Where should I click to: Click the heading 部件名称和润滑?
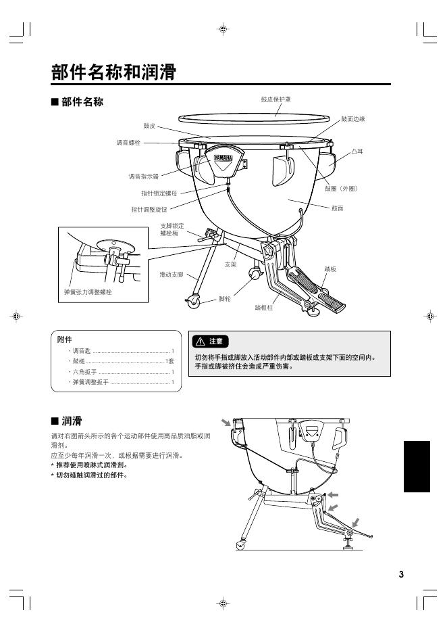114,72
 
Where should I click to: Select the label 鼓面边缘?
353,119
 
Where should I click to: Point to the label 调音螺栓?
128,143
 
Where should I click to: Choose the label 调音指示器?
143,177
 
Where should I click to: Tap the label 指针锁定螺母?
155,193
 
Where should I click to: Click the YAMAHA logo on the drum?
223,160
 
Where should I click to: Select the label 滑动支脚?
171,275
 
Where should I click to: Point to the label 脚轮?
225,298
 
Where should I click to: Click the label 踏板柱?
266,308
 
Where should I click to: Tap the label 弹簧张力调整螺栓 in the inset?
88,291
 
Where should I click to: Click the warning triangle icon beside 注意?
201,341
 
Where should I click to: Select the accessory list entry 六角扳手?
84,372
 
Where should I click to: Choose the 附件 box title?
65,339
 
